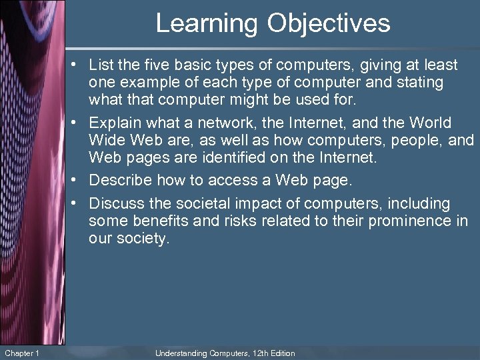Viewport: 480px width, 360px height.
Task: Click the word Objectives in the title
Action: click(x=329, y=23)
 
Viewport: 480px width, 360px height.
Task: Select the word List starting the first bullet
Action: click(x=101, y=65)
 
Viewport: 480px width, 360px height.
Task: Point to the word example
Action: click(x=143, y=83)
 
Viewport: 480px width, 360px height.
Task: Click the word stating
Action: click(x=419, y=83)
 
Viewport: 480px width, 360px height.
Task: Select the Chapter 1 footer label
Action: click(x=22, y=353)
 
